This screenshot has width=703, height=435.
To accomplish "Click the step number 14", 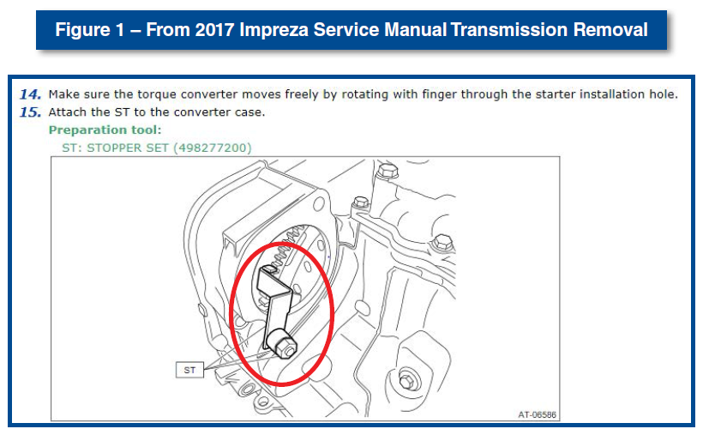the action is (31, 94).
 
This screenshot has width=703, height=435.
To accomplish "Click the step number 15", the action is (31, 112).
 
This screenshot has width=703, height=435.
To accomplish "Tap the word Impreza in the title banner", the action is (273, 30).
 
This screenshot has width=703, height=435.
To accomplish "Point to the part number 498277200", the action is (212, 148).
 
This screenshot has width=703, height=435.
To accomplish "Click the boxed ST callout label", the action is (189, 370).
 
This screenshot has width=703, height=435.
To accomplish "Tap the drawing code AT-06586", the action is (538, 414).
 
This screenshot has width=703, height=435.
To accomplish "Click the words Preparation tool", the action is (105, 130).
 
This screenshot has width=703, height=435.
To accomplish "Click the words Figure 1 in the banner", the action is (90, 30).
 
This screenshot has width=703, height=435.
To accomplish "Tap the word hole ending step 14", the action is (664, 94).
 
